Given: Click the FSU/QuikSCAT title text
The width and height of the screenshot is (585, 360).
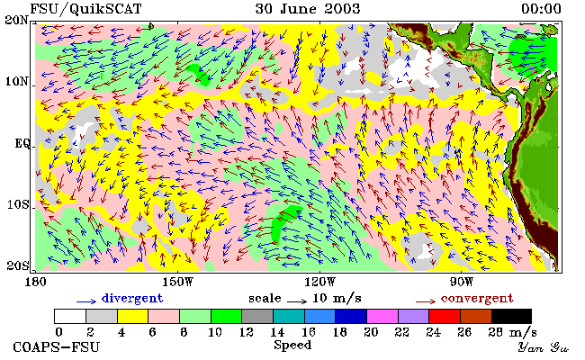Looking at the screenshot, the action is pos(85,9).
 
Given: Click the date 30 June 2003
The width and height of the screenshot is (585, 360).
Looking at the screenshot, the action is pos(308,9).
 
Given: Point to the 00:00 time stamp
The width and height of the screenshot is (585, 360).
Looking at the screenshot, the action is pos(541,9).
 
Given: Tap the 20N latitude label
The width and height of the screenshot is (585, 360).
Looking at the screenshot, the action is pos(17,20).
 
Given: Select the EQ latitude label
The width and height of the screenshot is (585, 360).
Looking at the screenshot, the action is pos(22,143).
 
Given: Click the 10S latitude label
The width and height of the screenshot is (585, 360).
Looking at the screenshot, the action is pos(17,204).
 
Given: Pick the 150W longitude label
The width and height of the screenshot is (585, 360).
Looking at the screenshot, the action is pos(178,282).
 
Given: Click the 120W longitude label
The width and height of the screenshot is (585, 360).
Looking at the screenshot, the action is pos(319,282).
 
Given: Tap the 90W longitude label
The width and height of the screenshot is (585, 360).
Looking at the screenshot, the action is pos(461,282).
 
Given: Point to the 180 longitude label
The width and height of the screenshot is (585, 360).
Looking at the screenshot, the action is pos(35,282).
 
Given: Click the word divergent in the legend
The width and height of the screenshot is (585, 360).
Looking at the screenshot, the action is pos(132,299).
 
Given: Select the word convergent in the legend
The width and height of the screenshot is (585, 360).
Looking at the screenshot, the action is pos(477,299).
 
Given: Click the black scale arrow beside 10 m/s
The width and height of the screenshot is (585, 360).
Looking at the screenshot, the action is pos(297,301).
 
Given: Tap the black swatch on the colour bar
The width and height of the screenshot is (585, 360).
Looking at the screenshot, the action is pos(511,316).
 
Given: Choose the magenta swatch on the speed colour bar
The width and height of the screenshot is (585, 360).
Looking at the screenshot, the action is pos(382,316).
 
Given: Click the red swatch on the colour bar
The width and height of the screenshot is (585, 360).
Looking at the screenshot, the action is pos(445,316).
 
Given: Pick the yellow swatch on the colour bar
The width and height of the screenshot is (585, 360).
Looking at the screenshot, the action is pos(133,316).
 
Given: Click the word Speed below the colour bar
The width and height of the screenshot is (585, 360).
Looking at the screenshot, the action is pos(292,345).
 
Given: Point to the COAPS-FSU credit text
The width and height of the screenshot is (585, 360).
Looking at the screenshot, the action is pos(57,347).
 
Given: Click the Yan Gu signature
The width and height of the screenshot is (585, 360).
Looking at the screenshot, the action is pos(544,348).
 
